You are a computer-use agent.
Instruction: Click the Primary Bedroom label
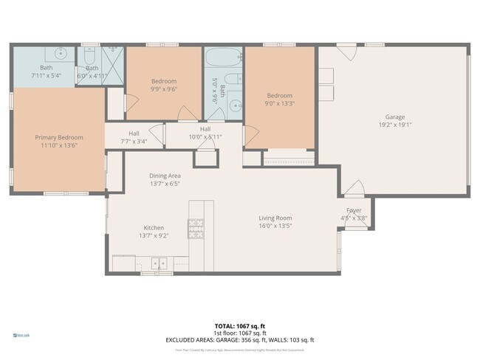59,137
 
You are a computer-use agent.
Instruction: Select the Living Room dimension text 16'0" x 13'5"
275,226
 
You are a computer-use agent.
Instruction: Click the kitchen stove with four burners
196,229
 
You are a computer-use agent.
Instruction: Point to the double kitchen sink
158,262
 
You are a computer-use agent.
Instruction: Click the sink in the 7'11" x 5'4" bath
58,55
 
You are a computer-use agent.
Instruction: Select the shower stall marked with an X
114,58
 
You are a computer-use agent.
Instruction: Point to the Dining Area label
165,176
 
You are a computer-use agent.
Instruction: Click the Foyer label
354,210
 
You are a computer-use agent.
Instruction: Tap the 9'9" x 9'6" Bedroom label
164,81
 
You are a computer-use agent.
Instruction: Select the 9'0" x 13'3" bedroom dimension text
279,104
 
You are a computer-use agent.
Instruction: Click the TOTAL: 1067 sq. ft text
239,325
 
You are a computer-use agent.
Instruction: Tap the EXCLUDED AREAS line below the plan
239,340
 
